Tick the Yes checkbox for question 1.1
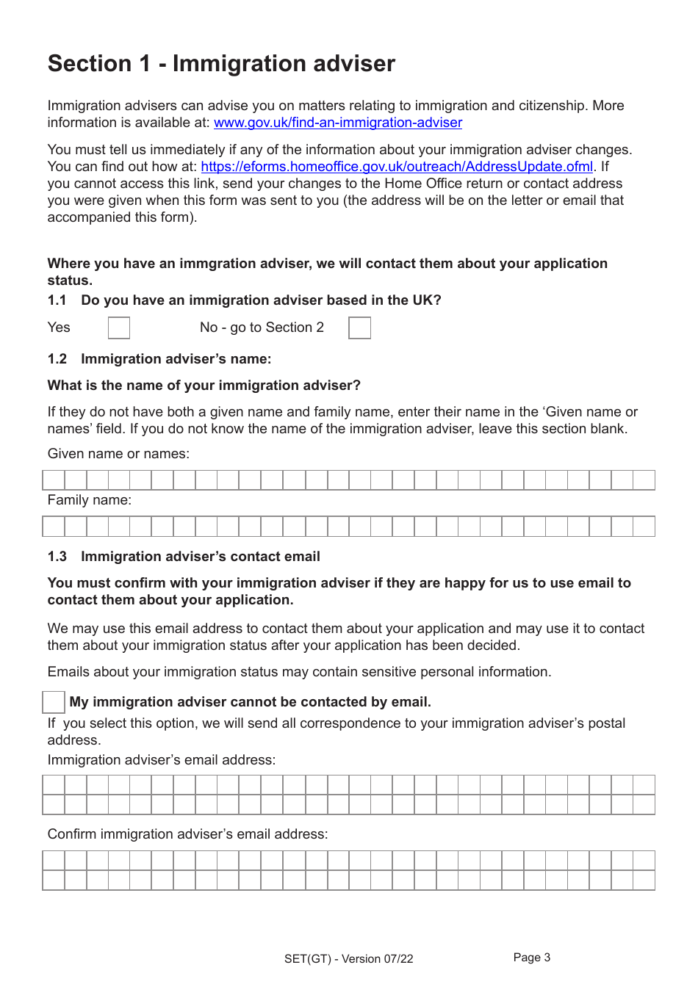[x=119, y=328]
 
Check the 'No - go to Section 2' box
[x=359, y=328]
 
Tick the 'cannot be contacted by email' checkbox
[x=54, y=702]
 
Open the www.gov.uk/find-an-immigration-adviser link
[x=338, y=123]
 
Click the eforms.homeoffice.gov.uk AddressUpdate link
[x=397, y=167]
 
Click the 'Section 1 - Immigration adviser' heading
[x=221, y=64]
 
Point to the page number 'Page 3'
[x=531, y=958]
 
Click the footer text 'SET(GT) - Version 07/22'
[x=348, y=959]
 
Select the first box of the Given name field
[x=54, y=480]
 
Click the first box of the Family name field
[x=54, y=527]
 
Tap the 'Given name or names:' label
[x=118, y=454]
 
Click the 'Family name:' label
[x=90, y=500]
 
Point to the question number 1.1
[x=57, y=300]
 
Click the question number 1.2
[x=57, y=359]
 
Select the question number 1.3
[x=57, y=557]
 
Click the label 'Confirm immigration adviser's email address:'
[x=187, y=834]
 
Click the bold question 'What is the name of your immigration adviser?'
[x=204, y=386]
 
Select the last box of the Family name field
[x=644, y=527]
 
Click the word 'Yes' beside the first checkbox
[x=59, y=328]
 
